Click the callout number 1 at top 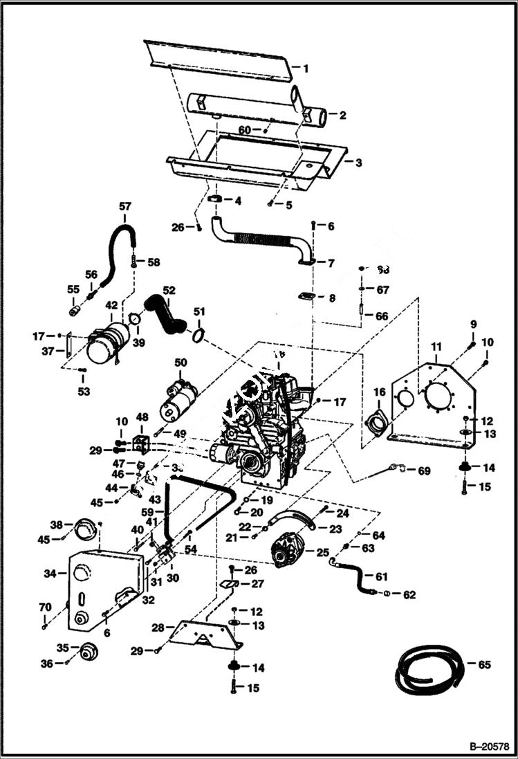click(305, 68)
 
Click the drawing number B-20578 click(489, 747)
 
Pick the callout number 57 click(124, 206)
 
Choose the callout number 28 click(158, 628)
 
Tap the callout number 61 click(401, 576)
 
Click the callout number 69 click(424, 471)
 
